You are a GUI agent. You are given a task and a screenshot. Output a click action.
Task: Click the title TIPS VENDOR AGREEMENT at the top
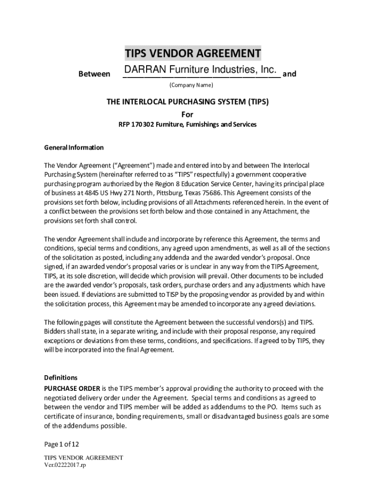click(x=192, y=53)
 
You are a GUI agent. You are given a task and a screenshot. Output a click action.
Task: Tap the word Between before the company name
click(x=94, y=74)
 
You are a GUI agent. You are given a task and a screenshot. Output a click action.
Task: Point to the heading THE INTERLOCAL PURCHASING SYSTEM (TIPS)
click(x=187, y=102)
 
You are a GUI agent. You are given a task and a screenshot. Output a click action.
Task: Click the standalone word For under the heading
click(x=187, y=115)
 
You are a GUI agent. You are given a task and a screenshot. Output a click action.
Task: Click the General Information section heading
click(x=74, y=147)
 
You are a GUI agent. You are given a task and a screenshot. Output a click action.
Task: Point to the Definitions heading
click(x=61, y=378)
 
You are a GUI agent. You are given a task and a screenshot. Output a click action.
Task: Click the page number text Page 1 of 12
click(x=61, y=444)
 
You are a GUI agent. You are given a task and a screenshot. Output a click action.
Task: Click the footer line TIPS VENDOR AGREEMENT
click(x=83, y=458)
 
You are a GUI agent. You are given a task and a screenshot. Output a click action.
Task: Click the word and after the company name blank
click(x=289, y=74)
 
